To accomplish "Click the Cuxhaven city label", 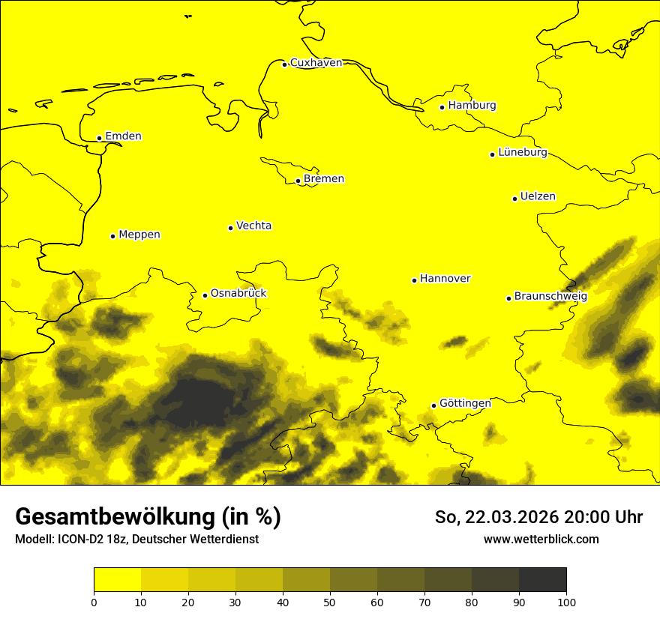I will click(316, 63).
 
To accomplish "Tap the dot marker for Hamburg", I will click(442, 107).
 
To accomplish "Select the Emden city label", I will click(123, 136).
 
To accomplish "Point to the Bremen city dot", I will click(298, 181).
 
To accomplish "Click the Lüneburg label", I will click(522, 153).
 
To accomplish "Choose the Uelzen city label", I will click(538, 197).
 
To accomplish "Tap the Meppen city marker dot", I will click(112, 236).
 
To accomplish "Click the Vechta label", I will click(253, 226).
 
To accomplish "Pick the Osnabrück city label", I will click(238, 294).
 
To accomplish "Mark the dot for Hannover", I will click(414, 280).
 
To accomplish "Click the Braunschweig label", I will click(550, 297).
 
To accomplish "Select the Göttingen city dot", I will click(433, 405).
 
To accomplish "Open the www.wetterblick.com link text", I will click(541, 540).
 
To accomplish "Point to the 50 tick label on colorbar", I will click(330, 602).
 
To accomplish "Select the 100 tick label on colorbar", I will click(566, 602).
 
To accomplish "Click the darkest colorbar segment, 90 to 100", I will click(542, 580).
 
